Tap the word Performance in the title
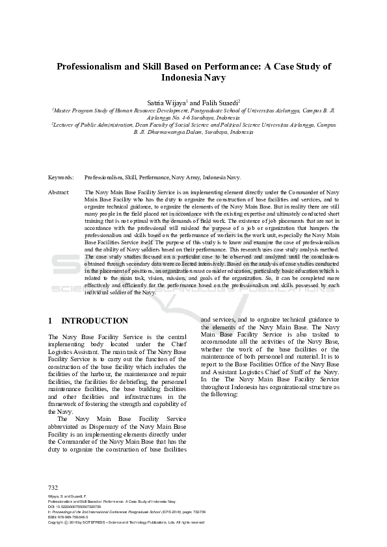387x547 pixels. click(x=231, y=66)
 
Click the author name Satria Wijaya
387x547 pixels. click(x=166, y=102)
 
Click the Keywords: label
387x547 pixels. click(x=61, y=177)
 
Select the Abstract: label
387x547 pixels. click(x=59, y=193)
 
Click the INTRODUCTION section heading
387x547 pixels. click(x=94, y=320)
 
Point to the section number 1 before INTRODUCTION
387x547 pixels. click(x=51, y=320)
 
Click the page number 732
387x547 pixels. click(x=53, y=487)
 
